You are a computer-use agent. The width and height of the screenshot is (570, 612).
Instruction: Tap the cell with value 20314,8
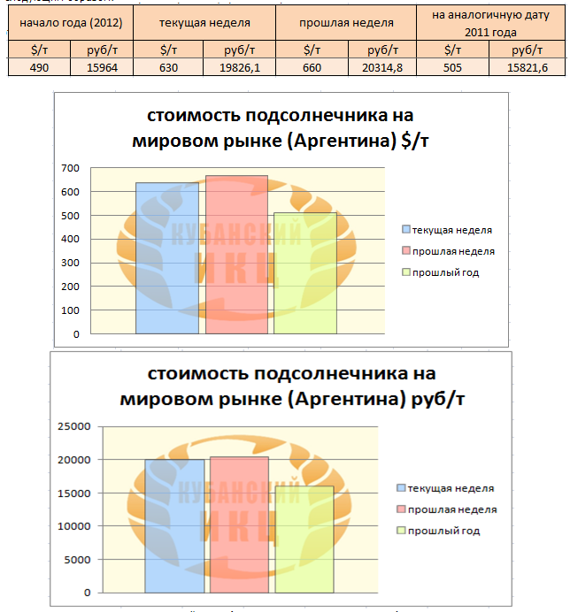(381, 66)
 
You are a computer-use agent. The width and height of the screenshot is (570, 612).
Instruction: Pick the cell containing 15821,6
(527, 66)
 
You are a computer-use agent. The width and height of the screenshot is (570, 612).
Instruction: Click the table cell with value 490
(38, 66)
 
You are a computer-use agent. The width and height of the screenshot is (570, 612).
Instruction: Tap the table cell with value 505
(452, 66)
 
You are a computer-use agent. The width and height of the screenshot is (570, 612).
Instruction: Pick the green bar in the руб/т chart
(304, 539)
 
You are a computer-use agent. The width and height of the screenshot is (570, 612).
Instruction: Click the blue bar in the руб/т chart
(174, 526)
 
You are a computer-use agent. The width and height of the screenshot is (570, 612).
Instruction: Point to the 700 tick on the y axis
(70, 168)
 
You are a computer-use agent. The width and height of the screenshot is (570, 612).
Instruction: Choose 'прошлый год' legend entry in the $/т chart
(445, 272)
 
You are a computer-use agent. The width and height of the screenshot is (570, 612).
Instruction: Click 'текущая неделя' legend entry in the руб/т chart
(451, 488)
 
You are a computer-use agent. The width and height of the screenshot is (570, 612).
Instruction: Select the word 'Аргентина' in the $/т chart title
(340, 140)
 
